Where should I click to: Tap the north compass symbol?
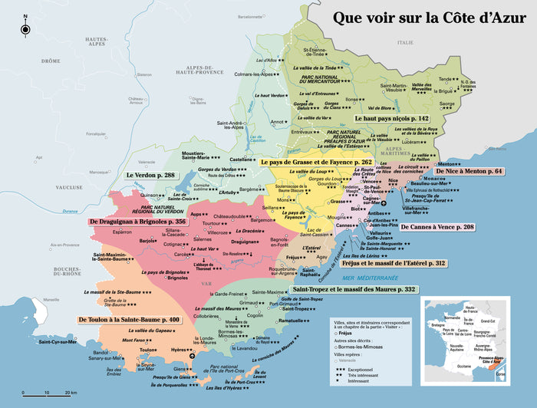[25, 29]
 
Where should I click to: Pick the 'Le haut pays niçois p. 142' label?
[391, 120]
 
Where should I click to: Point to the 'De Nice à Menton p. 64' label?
[469, 171]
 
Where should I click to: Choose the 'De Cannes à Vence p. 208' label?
[437, 228]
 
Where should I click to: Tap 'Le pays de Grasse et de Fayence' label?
[316, 163]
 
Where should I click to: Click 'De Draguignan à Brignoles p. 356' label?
[138, 222]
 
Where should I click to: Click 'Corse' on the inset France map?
[501, 374]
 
